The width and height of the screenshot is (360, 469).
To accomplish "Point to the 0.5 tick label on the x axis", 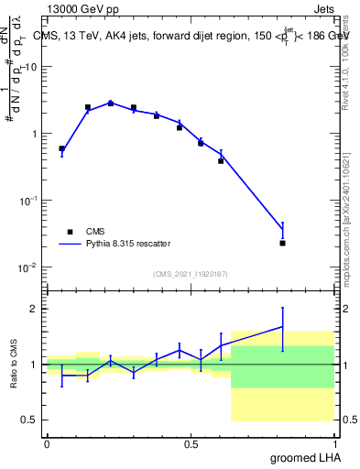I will pos(191,443).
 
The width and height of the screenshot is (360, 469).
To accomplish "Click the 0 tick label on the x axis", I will pos(46,443).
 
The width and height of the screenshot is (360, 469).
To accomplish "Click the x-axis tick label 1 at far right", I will pos(335,443).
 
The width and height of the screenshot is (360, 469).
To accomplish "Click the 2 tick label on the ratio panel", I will pos(36,310).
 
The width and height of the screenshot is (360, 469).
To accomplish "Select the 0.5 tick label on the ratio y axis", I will pos(31,420).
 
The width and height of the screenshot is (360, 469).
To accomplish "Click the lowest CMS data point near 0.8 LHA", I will pos(283,243).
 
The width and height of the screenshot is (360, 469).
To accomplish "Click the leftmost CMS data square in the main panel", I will pos(61,148).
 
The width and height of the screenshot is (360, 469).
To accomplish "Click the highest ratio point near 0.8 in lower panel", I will pos(283,327).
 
